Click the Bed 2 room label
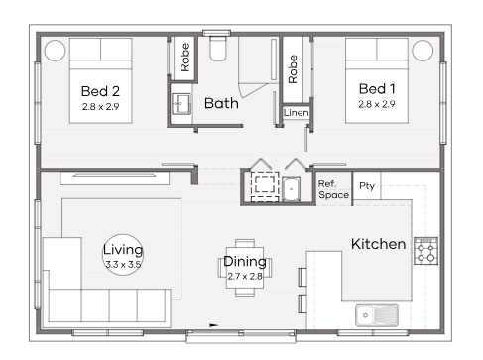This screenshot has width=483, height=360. (x=100, y=91)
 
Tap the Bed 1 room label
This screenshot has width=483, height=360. (x=377, y=89)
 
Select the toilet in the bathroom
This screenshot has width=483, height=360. (x=218, y=49)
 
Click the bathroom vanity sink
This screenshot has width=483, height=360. (x=181, y=104)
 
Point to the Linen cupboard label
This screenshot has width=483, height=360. (x=297, y=113)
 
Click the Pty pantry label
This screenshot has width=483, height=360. (x=367, y=186)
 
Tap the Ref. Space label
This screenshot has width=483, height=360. (x=333, y=189)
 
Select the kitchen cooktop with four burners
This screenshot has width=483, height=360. (x=425, y=251)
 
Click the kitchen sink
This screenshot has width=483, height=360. (x=377, y=315)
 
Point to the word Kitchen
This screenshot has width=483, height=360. (x=378, y=244)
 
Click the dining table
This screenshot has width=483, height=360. (x=245, y=268)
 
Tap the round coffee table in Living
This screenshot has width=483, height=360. (x=123, y=255)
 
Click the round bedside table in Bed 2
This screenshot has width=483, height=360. (x=55, y=51)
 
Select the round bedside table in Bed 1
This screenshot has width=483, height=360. (x=423, y=51)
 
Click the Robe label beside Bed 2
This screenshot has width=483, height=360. (x=184, y=58)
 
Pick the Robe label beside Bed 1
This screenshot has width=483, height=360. (x=293, y=69)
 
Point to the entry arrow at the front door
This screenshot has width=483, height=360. (x=214, y=325)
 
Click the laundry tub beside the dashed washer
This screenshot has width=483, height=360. (x=292, y=189)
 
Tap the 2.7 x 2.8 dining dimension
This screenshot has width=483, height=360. (x=245, y=276)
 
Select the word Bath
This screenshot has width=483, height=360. (x=221, y=103)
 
